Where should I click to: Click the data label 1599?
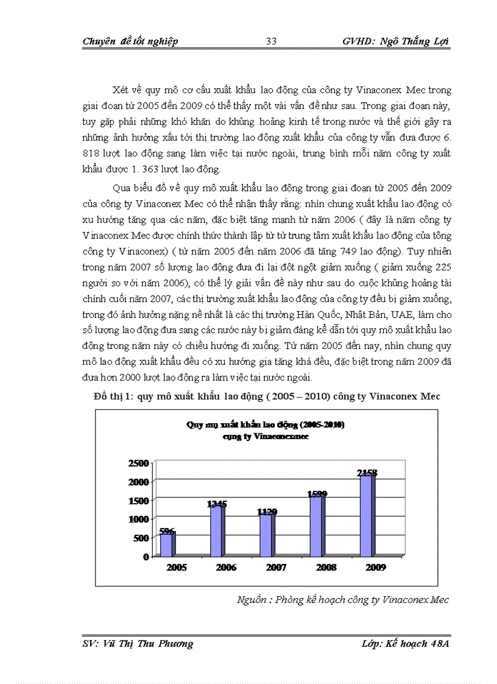coord(318,494)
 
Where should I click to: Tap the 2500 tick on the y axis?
coord(138,464)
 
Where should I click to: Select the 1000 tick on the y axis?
coord(138,519)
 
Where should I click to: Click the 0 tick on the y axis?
coord(146,556)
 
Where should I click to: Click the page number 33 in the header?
coord(272,41)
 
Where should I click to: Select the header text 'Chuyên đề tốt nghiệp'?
coord(130,41)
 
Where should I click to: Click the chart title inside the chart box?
coord(266,431)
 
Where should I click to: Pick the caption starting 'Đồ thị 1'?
coord(267,397)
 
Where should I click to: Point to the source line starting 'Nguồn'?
coord(343,600)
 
